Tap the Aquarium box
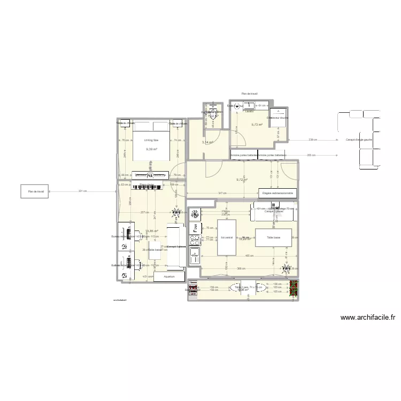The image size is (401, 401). [x=169, y=277]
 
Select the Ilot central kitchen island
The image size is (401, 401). [x=227, y=237]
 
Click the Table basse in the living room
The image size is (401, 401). [x=273, y=237]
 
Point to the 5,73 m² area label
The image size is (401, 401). [x=257, y=125]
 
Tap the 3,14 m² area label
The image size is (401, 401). [x=207, y=142]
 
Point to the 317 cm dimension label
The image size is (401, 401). [x=221, y=193]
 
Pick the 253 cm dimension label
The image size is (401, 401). [x=311, y=155]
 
